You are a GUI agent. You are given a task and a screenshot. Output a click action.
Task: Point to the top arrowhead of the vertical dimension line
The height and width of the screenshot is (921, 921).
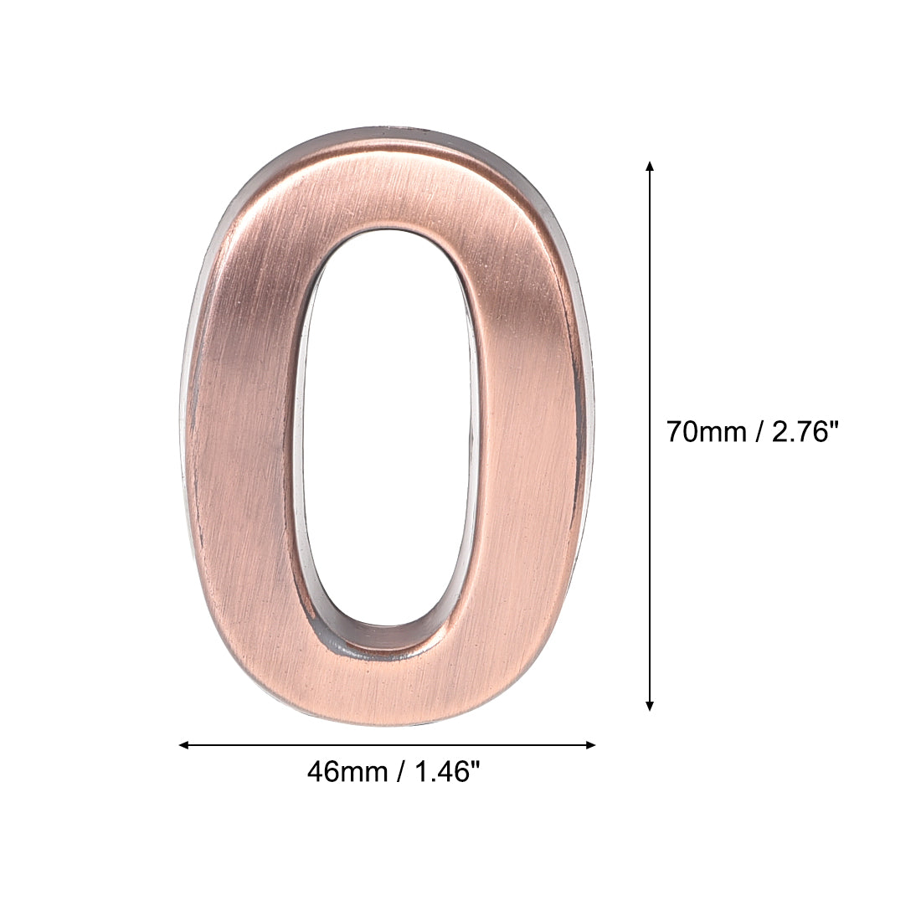click(x=650, y=165)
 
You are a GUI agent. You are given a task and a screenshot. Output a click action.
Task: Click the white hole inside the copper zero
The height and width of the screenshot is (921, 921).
click(x=387, y=419)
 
